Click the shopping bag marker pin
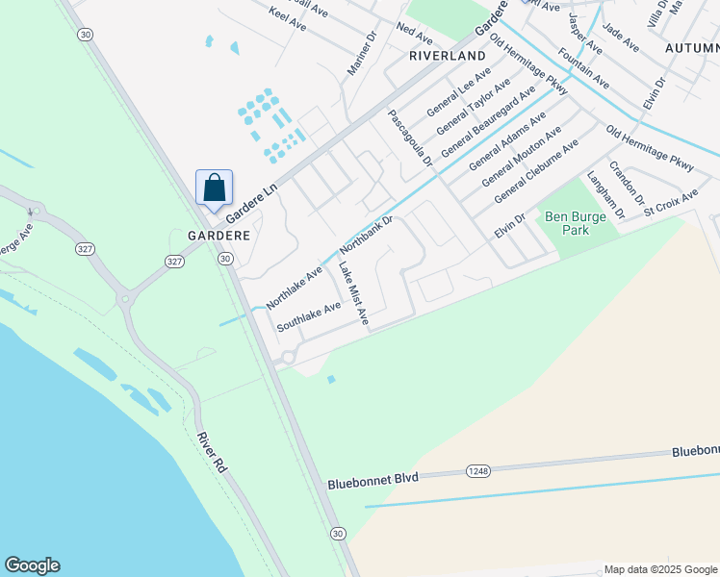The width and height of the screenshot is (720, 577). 214,188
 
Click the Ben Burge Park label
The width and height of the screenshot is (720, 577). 573,223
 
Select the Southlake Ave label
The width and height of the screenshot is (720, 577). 309,316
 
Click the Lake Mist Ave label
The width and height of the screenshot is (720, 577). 352,295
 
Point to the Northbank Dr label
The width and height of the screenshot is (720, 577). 367,235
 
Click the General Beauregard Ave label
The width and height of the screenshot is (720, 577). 487,122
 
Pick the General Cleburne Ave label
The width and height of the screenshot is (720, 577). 535,171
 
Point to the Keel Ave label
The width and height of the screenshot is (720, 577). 288,19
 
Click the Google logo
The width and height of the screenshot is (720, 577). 32,565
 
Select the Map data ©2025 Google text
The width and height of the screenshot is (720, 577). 659,569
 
